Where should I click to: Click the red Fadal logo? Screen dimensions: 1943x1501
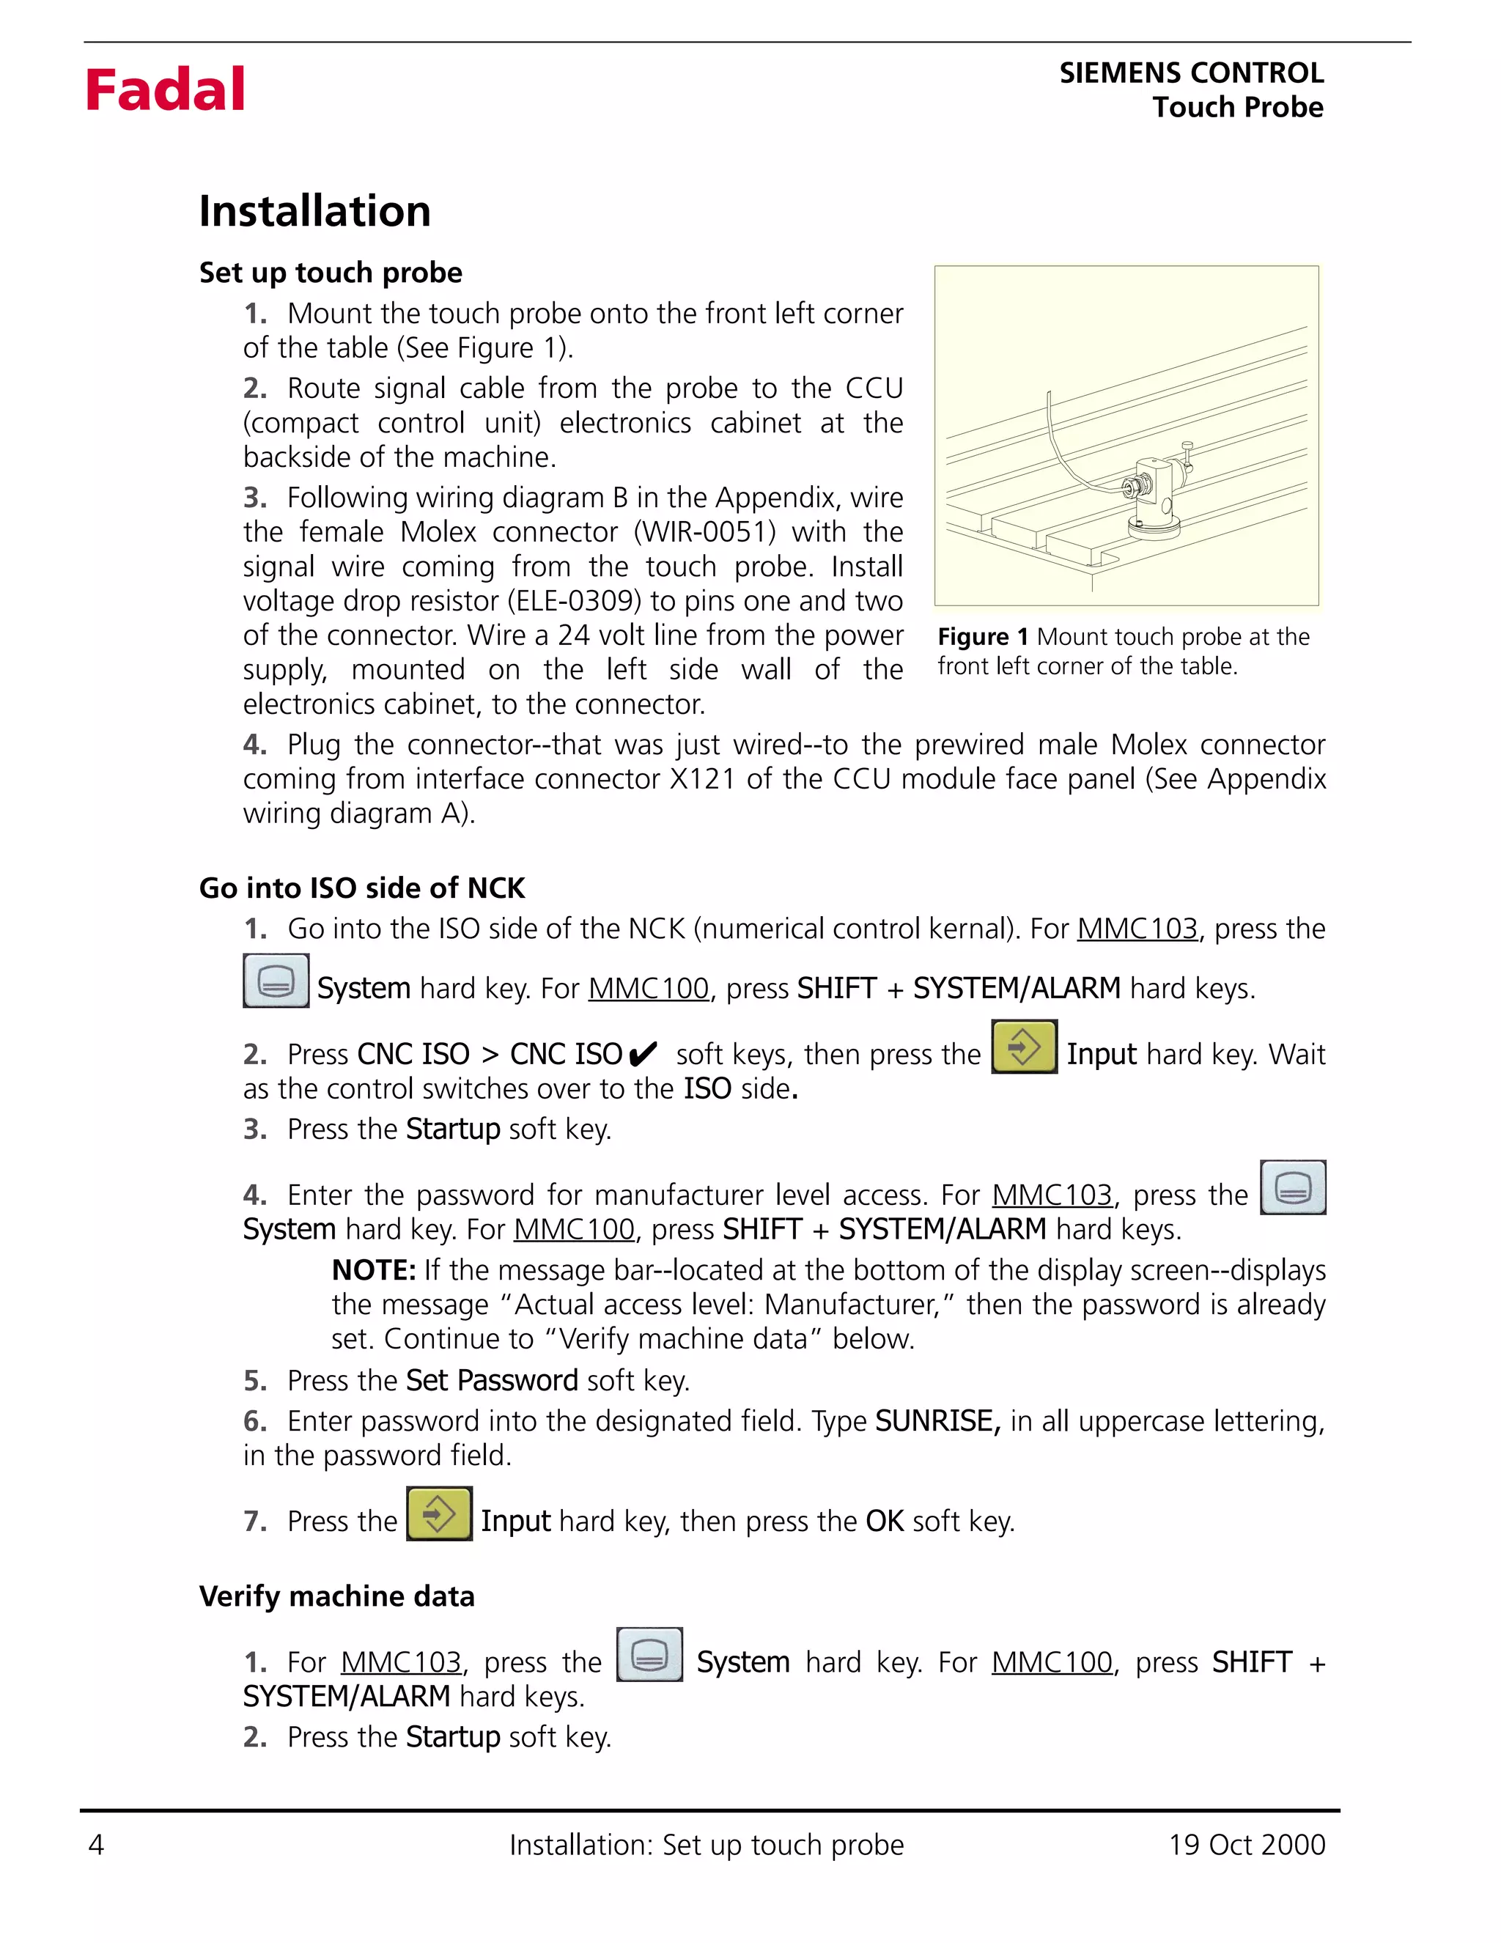pos(165,90)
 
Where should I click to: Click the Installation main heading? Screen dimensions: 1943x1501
pos(314,212)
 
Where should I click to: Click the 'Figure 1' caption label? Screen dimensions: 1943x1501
pos(982,637)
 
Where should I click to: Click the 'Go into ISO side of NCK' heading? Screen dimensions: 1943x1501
pos(361,888)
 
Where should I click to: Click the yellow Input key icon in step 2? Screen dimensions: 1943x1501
pos(1023,1047)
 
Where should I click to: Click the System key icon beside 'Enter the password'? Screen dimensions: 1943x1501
pos(1292,1187)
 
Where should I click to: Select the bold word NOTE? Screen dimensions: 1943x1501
pos(373,1269)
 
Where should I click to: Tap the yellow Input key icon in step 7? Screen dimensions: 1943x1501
pos(438,1514)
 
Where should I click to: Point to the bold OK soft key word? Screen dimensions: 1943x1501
pos(885,1522)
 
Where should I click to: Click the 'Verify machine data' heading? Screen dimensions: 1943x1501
pos(336,1596)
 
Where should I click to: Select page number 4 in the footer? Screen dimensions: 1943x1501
pos(96,1844)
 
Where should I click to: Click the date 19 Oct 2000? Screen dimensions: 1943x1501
pos(1247,1844)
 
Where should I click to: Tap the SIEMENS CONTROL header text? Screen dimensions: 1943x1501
pos(1190,73)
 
